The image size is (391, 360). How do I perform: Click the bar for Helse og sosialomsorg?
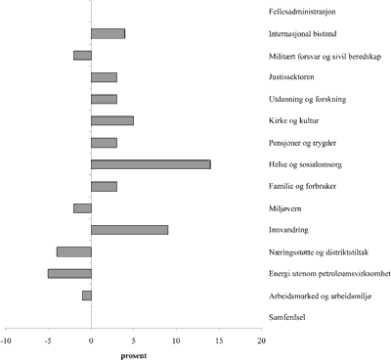[x=151, y=164]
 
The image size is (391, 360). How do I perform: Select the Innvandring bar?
[x=129, y=230]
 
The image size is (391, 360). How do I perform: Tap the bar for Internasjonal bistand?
[x=108, y=33]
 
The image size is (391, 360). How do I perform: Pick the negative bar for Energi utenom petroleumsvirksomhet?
[x=69, y=273]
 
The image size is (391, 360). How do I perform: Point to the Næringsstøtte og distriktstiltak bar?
[x=73, y=251]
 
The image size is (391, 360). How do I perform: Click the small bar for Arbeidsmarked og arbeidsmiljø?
[x=86, y=294]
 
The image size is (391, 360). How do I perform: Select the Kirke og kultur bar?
[x=111, y=120]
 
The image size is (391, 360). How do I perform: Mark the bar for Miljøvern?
[x=82, y=207]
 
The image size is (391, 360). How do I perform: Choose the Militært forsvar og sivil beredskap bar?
[x=82, y=55]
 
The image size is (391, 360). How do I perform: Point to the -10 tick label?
[x=7, y=340]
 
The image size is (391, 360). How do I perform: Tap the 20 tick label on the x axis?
[x=261, y=340]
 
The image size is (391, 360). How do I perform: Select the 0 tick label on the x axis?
[x=91, y=340]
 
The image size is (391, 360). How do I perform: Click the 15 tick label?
[x=218, y=340]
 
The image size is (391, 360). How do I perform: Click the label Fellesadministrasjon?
[x=303, y=13]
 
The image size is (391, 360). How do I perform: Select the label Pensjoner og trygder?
[x=301, y=143]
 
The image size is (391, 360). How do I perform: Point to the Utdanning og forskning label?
[x=307, y=99]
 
